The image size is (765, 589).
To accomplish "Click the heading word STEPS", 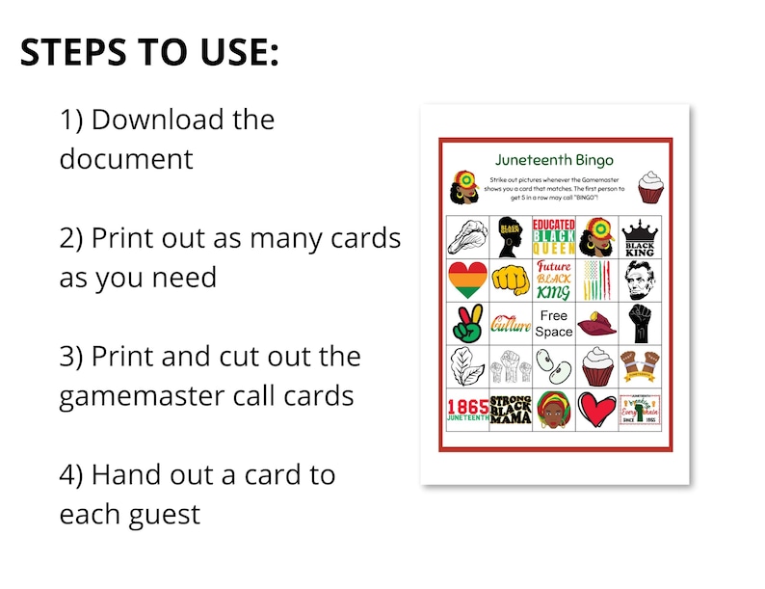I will [x=73, y=53].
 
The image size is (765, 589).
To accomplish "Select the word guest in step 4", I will [x=165, y=513].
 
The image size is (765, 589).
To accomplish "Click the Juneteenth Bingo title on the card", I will [x=554, y=160].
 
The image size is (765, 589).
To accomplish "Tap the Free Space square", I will [x=554, y=324].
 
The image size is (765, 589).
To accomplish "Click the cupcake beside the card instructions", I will [x=652, y=187].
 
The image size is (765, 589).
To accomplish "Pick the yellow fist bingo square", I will [x=511, y=281].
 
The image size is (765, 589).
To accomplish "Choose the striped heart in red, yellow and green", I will [x=467, y=281].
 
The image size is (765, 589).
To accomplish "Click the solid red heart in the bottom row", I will [x=597, y=410].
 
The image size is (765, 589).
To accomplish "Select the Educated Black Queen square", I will [x=554, y=237].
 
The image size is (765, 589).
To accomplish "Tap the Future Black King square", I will [x=554, y=281].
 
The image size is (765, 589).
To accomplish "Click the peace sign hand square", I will [x=467, y=324].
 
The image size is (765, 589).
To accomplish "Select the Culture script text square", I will [x=511, y=324].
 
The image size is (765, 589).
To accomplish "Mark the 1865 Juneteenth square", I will [x=467, y=410].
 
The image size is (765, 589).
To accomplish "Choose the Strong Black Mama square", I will [x=511, y=410].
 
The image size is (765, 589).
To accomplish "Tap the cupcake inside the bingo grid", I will [x=597, y=367].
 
